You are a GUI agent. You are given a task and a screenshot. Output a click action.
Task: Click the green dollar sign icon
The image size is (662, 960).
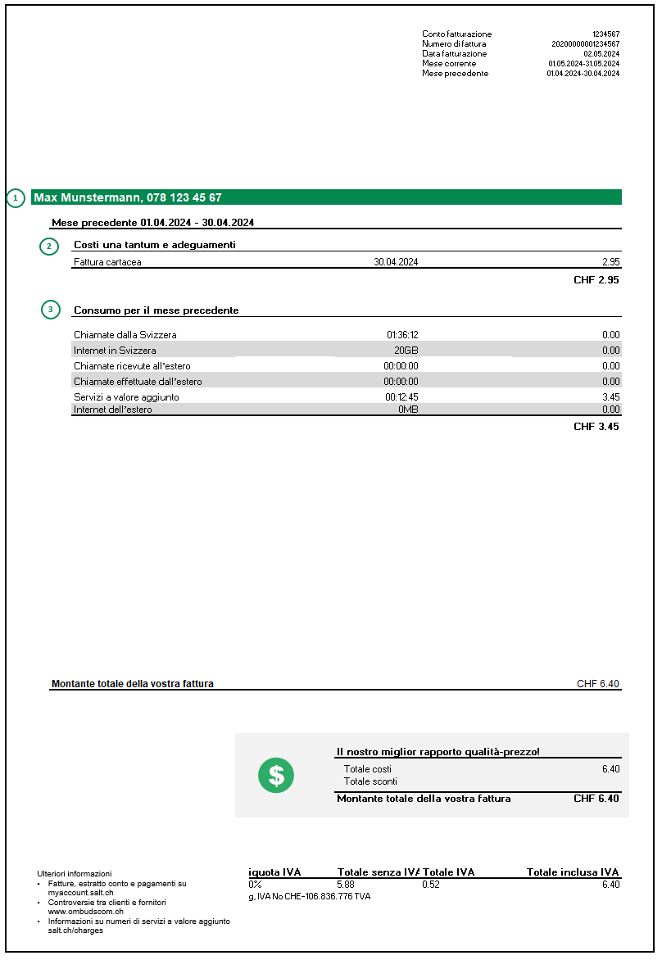click(x=276, y=775)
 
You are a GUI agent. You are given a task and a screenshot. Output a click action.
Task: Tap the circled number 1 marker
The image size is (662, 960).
click(x=16, y=197)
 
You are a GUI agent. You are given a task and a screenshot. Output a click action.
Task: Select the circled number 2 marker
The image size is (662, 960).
click(x=49, y=245)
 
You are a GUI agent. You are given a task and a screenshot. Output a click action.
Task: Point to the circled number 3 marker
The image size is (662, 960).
click(x=50, y=310)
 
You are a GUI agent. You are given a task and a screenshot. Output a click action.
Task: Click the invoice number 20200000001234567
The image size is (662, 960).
click(x=585, y=43)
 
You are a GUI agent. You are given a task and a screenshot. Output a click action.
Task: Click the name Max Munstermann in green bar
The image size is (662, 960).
click(x=88, y=197)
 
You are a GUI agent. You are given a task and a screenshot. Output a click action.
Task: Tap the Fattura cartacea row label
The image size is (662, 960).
click(x=107, y=262)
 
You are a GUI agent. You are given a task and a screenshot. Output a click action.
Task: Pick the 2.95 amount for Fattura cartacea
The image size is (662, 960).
click(x=610, y=262)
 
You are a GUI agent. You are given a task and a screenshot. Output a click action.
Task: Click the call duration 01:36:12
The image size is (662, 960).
click(x=402, y=335)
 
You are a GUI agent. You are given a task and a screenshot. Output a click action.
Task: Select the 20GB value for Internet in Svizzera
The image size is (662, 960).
click(x=406, y=351)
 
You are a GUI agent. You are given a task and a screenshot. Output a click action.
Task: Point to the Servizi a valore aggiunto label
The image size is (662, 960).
click(x=126, y=397)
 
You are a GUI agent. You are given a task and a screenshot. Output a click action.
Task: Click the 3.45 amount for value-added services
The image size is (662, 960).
click(x=610, y=397)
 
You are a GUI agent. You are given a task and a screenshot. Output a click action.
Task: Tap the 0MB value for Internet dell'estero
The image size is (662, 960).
click(x=408, y=410)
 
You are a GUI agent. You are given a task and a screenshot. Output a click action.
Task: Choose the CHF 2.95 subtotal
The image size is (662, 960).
click(x=596, y=280)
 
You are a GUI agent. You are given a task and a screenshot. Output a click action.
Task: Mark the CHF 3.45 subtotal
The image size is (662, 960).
click(x=596, y=427)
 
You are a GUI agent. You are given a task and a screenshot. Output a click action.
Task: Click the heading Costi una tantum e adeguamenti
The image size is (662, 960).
click(x=155, y=245)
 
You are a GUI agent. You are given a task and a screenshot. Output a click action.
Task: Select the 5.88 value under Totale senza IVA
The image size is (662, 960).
click(x=346, y=885)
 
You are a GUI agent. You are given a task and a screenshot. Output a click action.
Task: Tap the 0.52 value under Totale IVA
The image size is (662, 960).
click(x=430, y=885)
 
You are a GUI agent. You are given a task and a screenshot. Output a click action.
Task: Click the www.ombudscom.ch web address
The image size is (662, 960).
click(x=85, y=911)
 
